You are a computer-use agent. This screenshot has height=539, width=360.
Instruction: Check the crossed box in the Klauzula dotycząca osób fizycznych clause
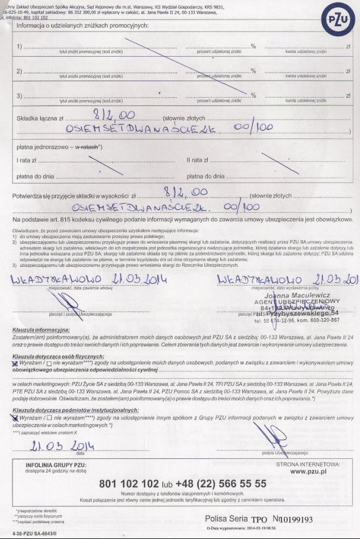click(x=14, y=361)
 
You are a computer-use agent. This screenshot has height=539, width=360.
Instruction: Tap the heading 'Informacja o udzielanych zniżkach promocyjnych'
click(x=83, y=26)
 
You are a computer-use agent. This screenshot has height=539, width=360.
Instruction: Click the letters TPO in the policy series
click(x=258, y=519)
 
